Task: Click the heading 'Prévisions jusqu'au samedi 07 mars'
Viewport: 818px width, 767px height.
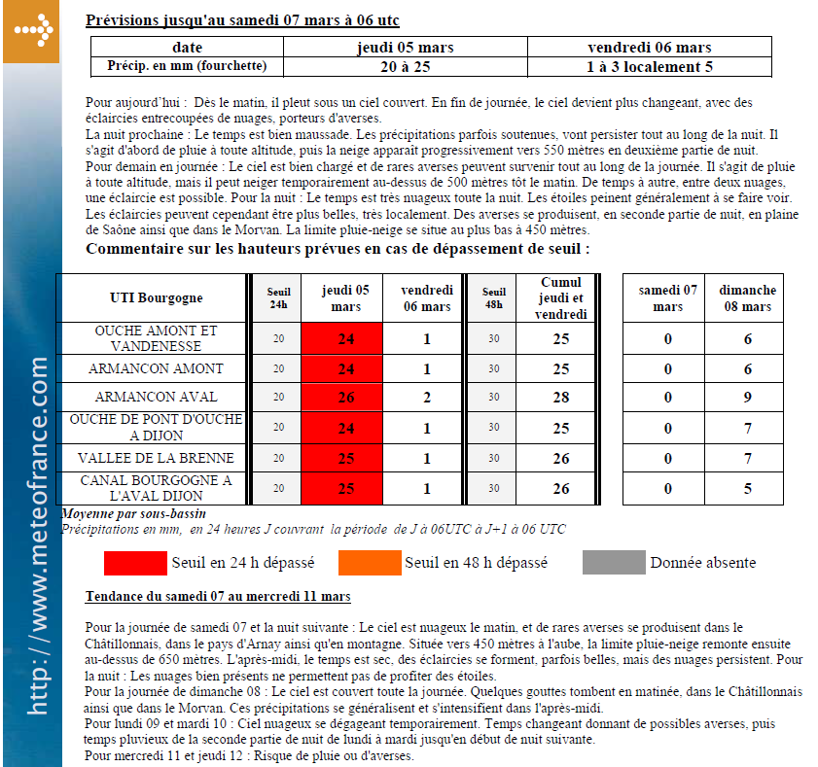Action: (x=242, y=20)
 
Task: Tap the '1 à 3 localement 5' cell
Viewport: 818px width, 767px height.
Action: (x=650, y=67)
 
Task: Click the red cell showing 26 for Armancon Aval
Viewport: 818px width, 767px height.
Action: (x=346, y=398)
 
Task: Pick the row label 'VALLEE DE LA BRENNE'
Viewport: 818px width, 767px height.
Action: (x=156, y=458)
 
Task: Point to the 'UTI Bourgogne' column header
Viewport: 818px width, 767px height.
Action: (x=157, y=297)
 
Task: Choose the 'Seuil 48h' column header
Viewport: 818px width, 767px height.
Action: (x=493, y=297)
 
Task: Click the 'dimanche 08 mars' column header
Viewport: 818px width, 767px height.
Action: (x=748, y=297)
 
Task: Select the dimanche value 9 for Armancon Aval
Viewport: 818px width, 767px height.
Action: (x=748, y=398)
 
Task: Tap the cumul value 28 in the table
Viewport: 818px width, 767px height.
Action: (x=560, y=398)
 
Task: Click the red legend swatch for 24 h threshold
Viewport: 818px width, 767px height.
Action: (x=135, y=562)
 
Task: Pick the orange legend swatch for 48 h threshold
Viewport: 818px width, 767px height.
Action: (x=370, y=562)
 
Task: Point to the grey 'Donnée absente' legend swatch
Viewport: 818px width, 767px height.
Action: (x=614, y=562)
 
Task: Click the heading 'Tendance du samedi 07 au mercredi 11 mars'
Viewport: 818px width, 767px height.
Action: (x=218, y=596)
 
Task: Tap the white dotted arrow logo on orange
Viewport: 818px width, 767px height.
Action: (x=31, y=31)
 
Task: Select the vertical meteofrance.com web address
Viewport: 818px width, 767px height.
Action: (x=38, y=535)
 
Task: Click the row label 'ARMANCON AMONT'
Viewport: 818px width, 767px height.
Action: (x=156, y=368)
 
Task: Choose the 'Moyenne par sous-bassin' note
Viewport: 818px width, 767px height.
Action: (x=133, y=513)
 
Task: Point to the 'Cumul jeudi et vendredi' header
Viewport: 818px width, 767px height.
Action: (x=560, y=297)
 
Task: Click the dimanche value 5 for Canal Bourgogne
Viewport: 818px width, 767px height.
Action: (x=748, y=488)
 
